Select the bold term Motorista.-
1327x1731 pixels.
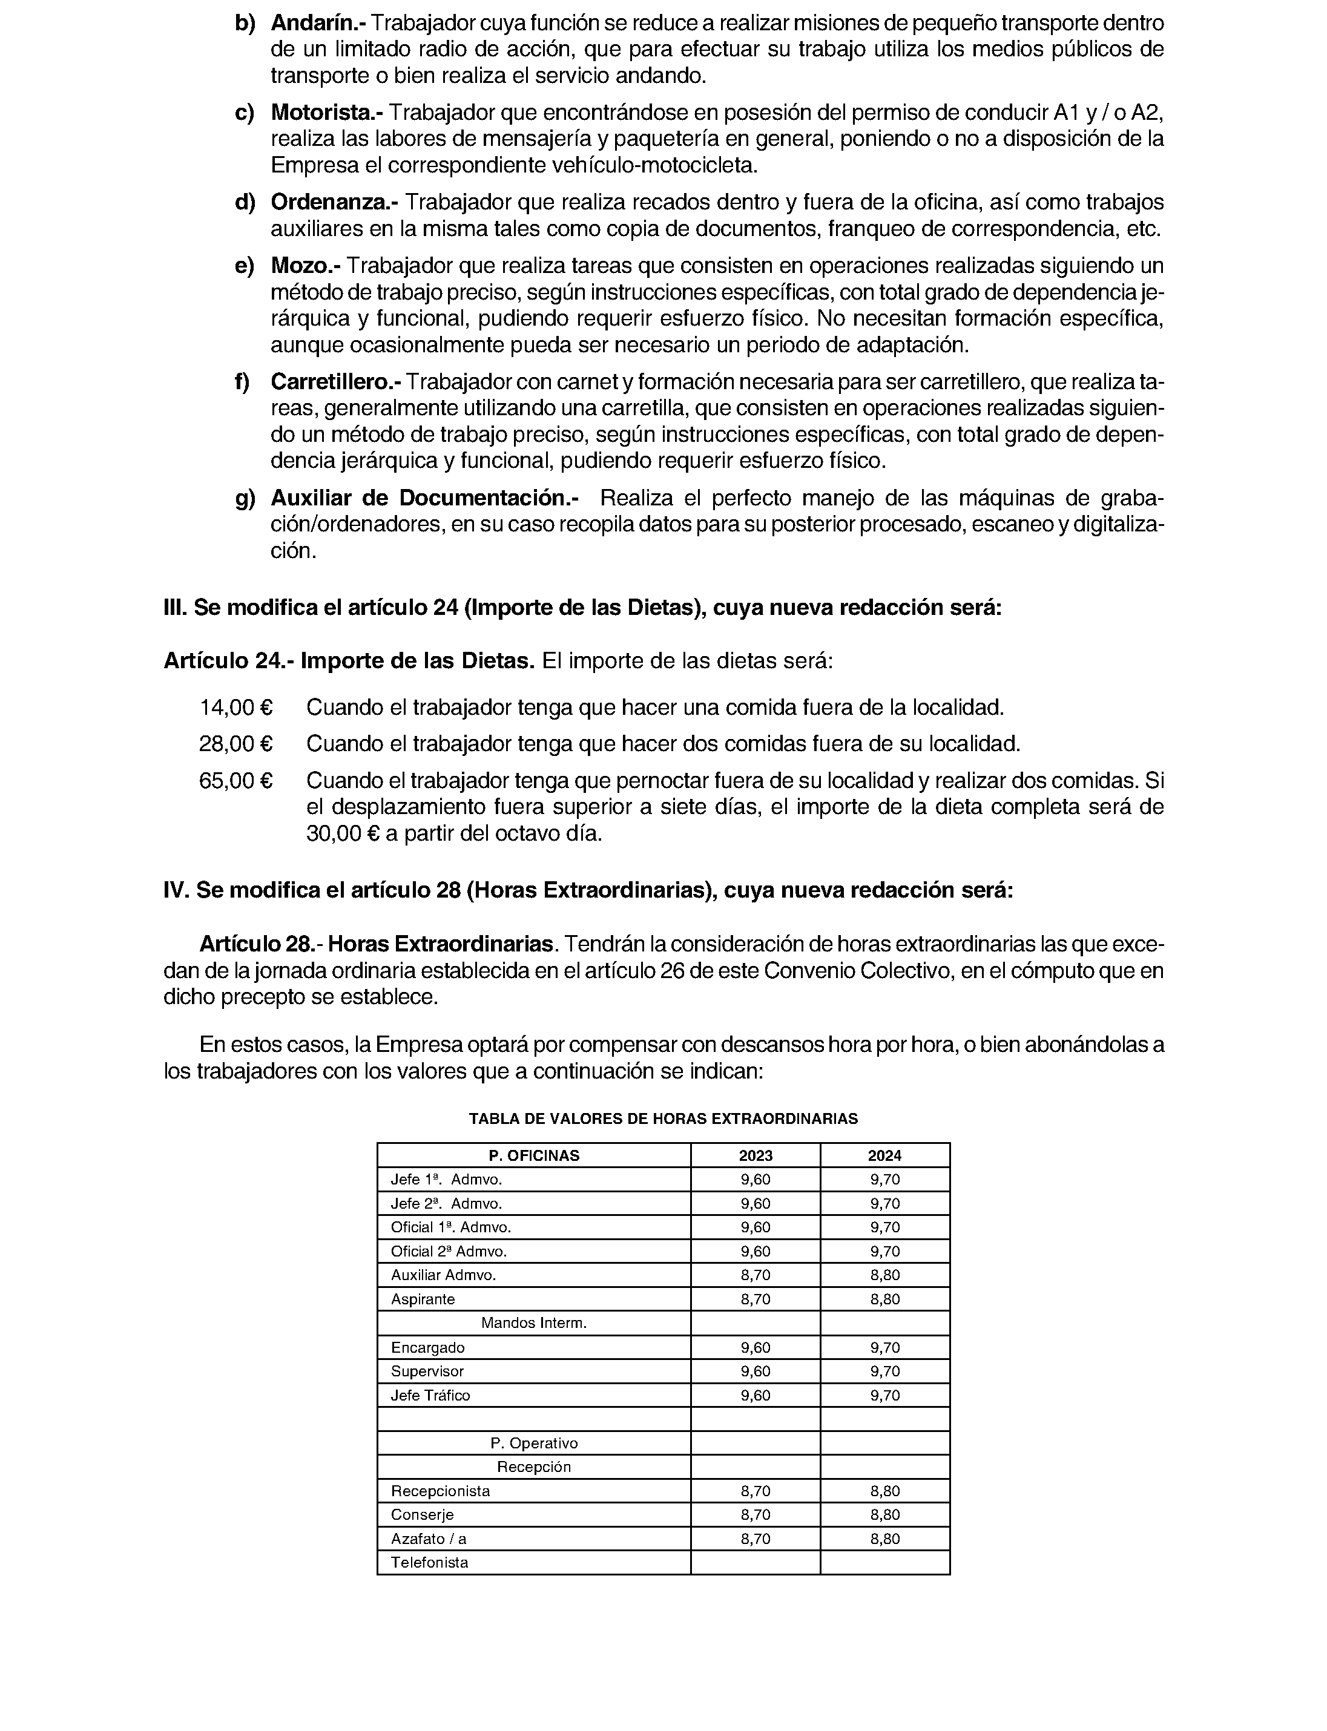[327, 113]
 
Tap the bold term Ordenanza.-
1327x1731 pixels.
[335, 203]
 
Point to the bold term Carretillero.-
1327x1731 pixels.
[336, 382]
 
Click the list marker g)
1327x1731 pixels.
[246, 498]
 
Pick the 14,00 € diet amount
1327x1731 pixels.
[236, 708]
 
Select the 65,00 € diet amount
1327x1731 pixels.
[236, 781]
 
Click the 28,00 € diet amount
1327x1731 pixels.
[236, 744]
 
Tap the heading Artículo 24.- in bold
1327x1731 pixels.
[229, 660]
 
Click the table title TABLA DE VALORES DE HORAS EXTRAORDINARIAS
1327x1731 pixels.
[663, 1118]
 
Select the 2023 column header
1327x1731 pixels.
[756, 1155]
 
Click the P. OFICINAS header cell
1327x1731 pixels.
[534, 1155]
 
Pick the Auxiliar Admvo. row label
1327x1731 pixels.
[444, 1275]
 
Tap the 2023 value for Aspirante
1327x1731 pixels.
[756, 1299]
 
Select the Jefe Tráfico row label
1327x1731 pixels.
[430, 1395]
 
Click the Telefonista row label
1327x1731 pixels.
[430, 1562]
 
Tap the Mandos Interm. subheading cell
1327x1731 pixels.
[534, 1322]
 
